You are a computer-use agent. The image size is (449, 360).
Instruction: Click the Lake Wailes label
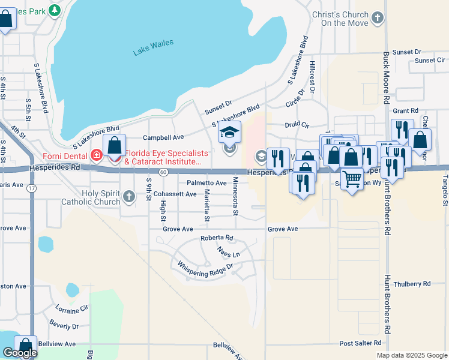click(x=153, y=47)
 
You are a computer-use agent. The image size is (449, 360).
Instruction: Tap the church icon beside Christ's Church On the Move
click(x=377, y=18)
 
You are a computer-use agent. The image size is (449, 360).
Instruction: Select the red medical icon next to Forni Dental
click(x=97, y=155)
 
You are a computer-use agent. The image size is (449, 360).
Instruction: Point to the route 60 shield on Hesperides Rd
click(x=163, y=172)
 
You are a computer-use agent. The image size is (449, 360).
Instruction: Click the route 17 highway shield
click(x=31, y=188)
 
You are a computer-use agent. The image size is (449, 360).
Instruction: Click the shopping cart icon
click(x=352, y=178)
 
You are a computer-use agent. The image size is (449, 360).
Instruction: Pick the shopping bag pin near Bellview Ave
click(x=25, y=346)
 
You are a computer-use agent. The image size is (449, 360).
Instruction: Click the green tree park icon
click(x=55, y=10)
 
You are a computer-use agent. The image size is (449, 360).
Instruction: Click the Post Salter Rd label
click(x=360, y=343)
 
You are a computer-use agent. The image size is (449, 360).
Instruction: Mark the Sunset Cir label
click(x=430, y=61)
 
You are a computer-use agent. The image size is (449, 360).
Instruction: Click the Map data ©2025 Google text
click(x=411, y=355)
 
